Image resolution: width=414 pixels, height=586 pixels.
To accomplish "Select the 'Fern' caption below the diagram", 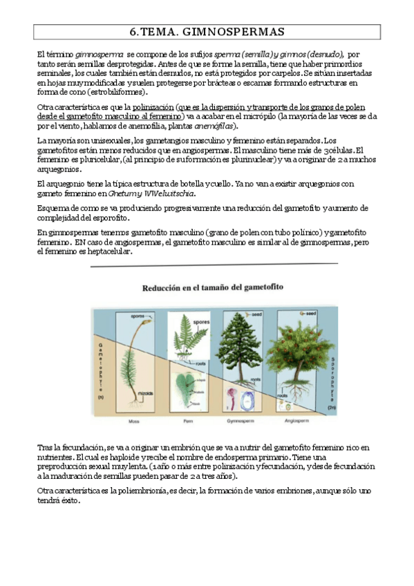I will [181, 419].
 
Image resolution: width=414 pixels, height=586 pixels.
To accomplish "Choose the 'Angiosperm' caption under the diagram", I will [297, 419].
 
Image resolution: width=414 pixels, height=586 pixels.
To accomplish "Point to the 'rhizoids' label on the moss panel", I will [144, 392].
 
